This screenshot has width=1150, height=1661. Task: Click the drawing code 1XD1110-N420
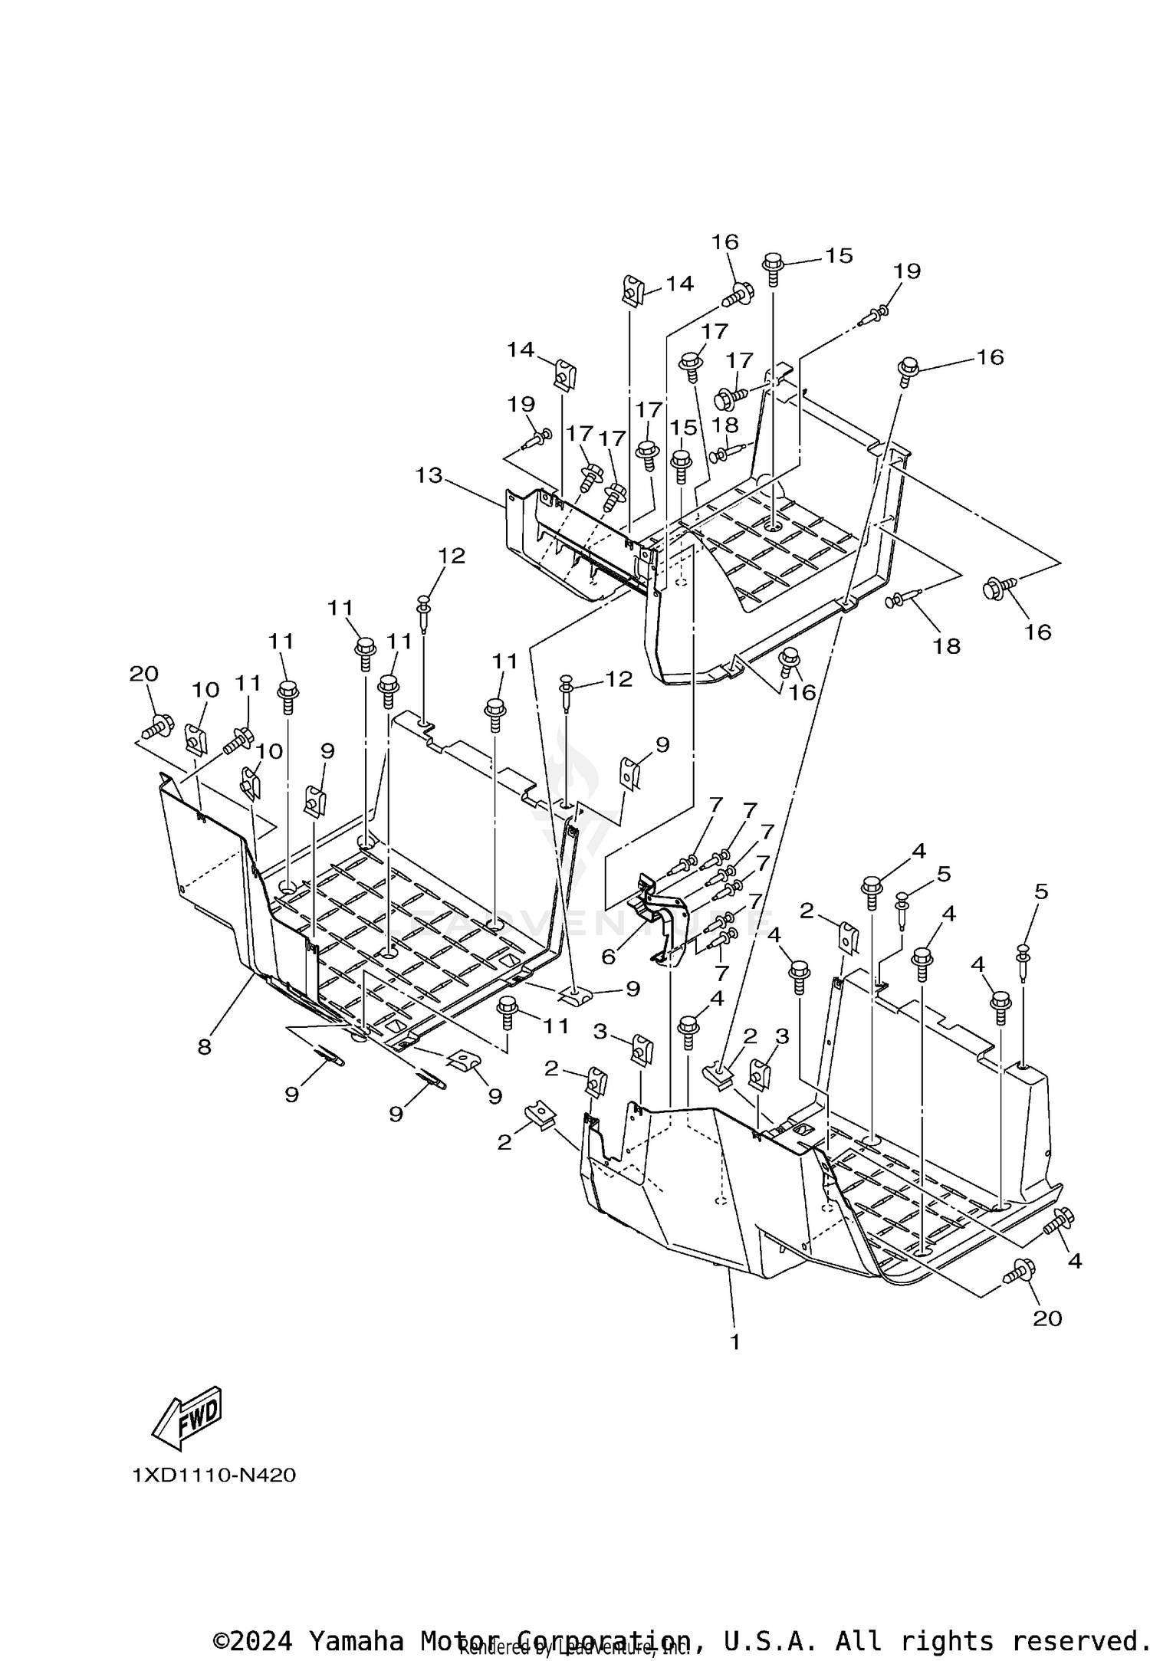[214, 1475]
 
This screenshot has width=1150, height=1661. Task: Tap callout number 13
[429, 475]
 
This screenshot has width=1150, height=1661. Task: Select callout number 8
[204, 1047]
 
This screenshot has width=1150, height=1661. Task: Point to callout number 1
[734, 1341]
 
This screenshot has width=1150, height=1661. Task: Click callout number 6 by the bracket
[609, 957]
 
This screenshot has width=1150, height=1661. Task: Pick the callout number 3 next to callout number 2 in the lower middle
[781, 1036]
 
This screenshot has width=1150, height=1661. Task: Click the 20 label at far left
[143, 674]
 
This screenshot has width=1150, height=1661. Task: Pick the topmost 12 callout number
[452, 556]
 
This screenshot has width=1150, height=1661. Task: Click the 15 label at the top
[839, 255]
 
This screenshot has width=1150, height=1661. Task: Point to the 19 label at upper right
[906, 271]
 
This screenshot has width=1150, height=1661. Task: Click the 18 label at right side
[946, 645]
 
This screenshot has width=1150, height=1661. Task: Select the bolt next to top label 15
[773, 269]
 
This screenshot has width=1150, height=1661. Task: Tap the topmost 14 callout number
[679, 284]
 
